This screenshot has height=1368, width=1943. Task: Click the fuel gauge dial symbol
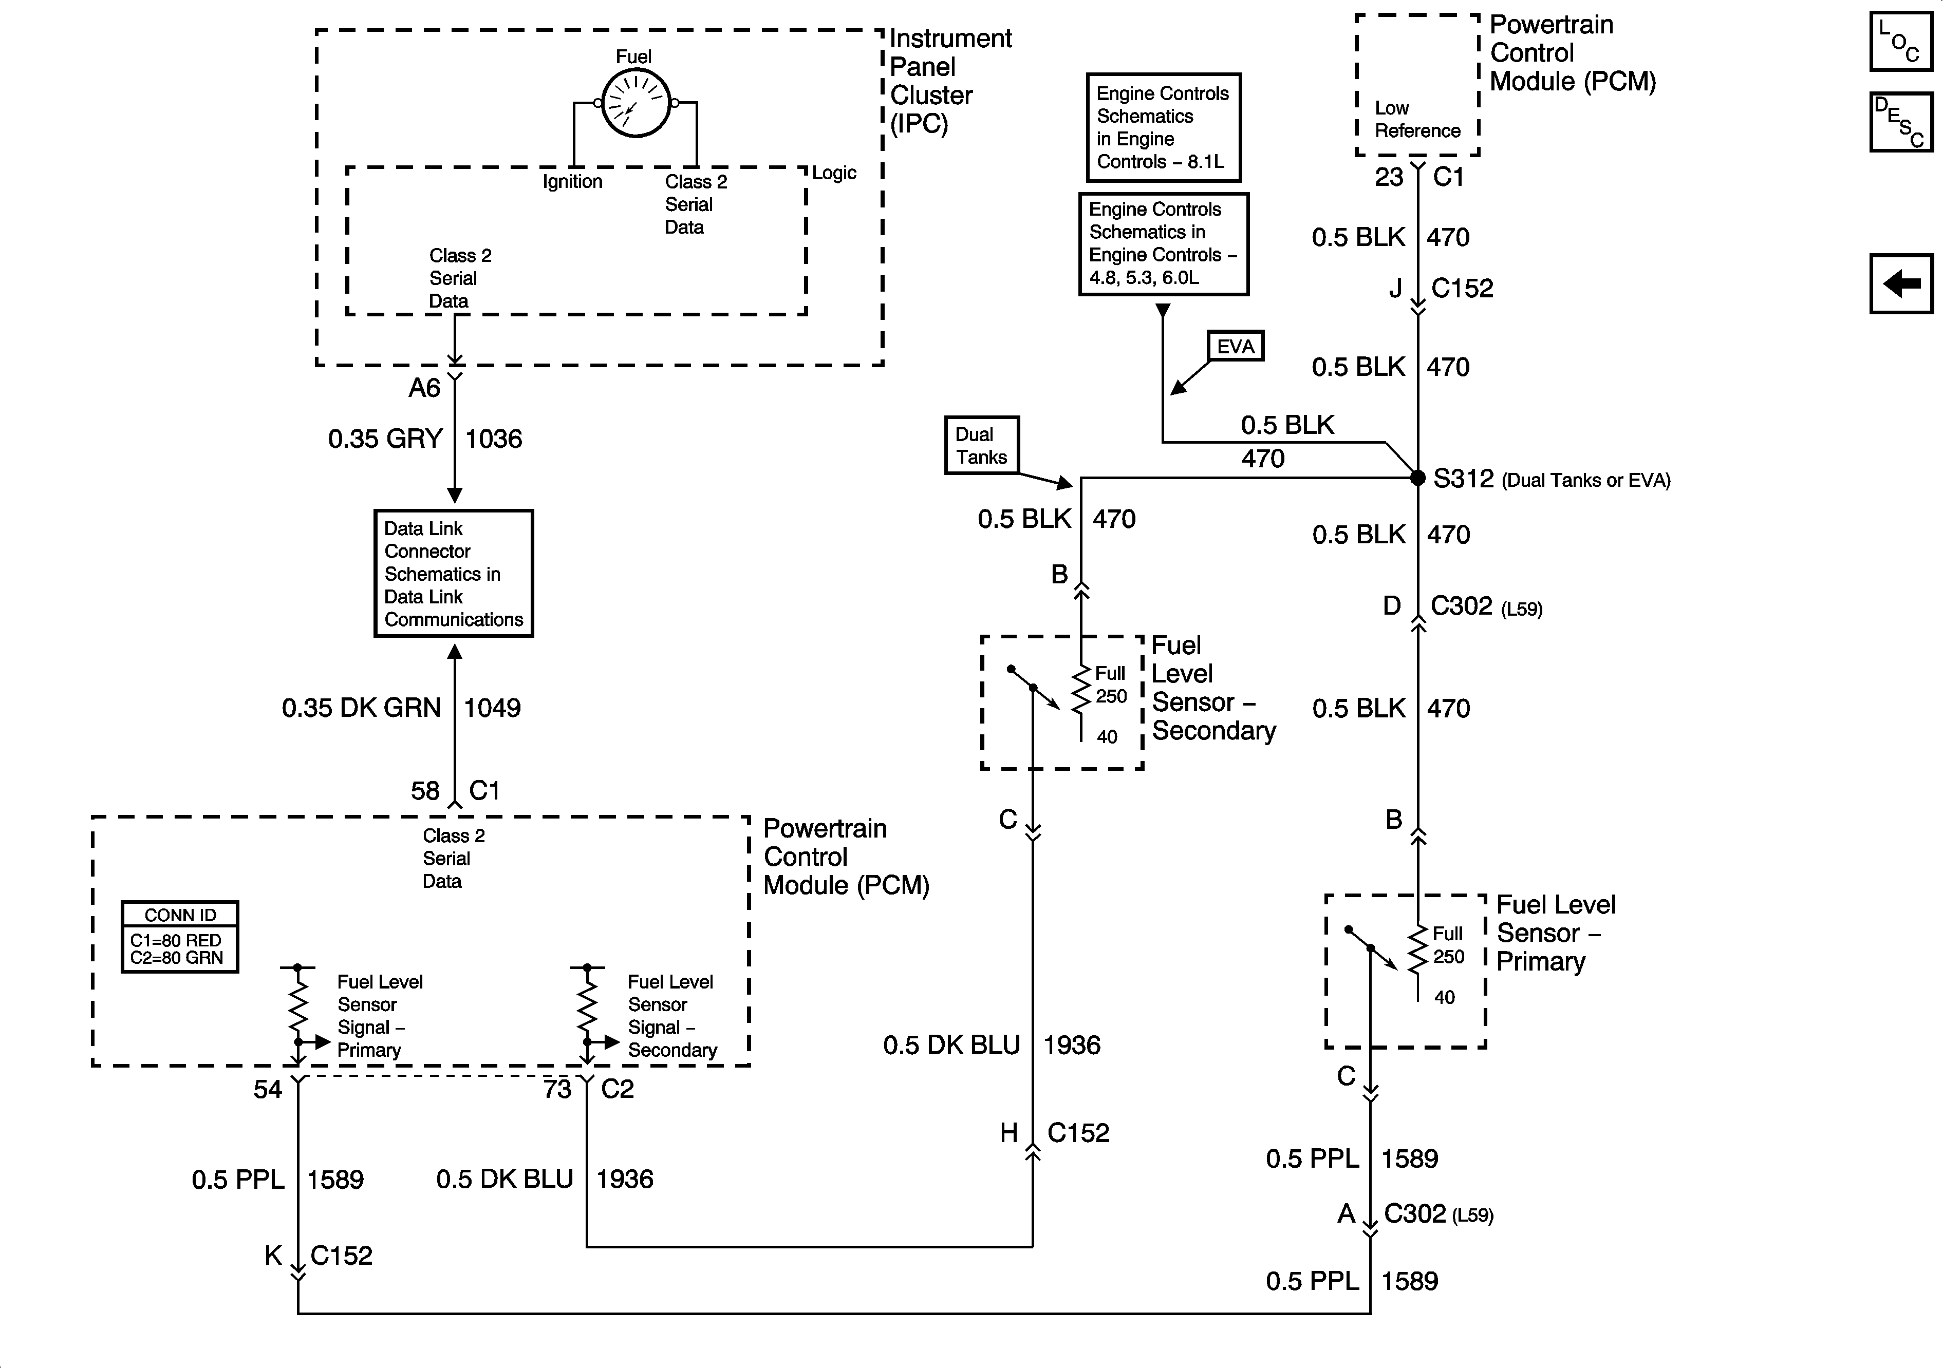636,103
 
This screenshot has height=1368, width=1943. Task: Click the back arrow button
1901,283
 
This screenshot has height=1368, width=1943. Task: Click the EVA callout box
1235,346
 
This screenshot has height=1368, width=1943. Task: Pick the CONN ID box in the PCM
179,937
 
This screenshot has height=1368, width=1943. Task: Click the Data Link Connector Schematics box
454,574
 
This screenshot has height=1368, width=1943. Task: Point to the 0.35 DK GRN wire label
361,707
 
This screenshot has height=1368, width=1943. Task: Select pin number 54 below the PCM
268,1089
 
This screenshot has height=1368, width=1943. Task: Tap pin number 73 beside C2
557,1089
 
